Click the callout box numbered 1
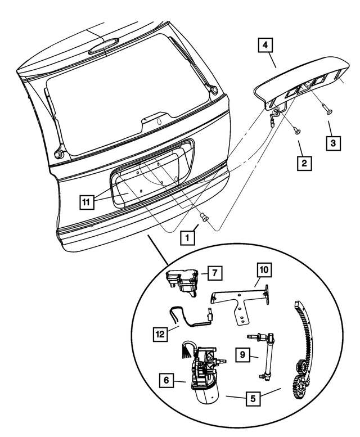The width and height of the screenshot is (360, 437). pyautogui.click(x=188, y=238)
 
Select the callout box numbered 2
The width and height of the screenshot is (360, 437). pyautogui.click(x=304, y=164)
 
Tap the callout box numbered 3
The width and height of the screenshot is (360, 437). pyautogui.click(x=334, y=143)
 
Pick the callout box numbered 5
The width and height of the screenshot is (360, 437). pyautogui.click(x=253, y=399)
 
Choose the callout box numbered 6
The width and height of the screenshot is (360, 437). pyautogui.click(x=166, y=381)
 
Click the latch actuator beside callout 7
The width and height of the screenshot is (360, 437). pyautogui.click(x=182, y=278)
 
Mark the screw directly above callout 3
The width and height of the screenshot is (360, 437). pyautogui.click(x=328, y=110)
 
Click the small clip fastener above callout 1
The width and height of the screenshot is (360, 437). pyautogui.click(x=205, y=218)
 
